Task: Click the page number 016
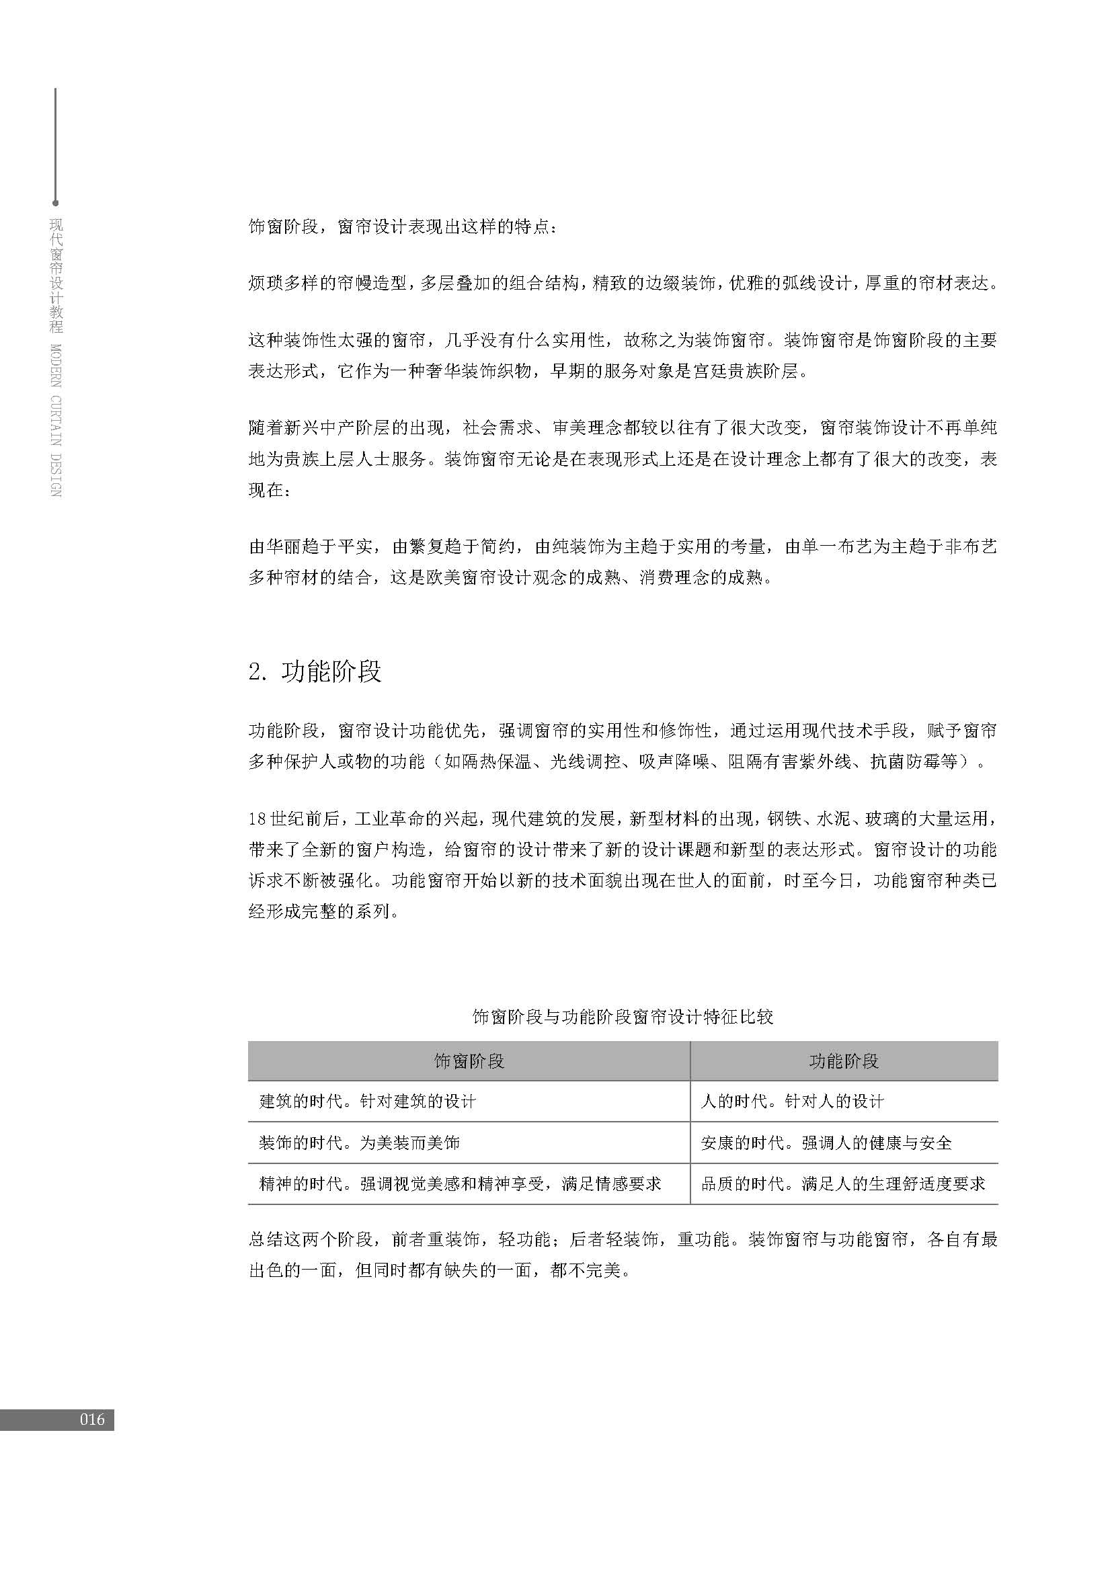(x=91, y=1419)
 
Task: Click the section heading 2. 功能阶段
(x=314, y=672)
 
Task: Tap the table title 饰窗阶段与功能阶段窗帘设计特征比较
(x=623, y=1017)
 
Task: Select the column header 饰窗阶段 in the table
(x=469, y=1061)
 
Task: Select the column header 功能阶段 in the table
(x=844, y=1061)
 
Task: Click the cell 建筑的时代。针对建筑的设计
(x=367, y=1102)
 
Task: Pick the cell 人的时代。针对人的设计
(x=792, y=1102)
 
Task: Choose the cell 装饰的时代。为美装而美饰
(x=360, y=1143)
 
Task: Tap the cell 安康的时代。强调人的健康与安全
(x=826, y=1143)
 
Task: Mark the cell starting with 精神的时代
(x=460, y=1184)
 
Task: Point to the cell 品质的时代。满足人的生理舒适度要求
(x=843, y=1184)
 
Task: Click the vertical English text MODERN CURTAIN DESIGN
(x=56, y=419)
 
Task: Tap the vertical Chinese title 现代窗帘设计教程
(x=56, y=276)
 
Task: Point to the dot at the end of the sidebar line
(x=55, y=204)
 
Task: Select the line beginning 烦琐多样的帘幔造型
(x=623, y=283)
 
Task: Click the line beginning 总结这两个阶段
(x=623, y=1240)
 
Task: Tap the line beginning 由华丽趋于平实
(x=623, y=546)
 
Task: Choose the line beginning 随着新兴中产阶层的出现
(x=623, y=428)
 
